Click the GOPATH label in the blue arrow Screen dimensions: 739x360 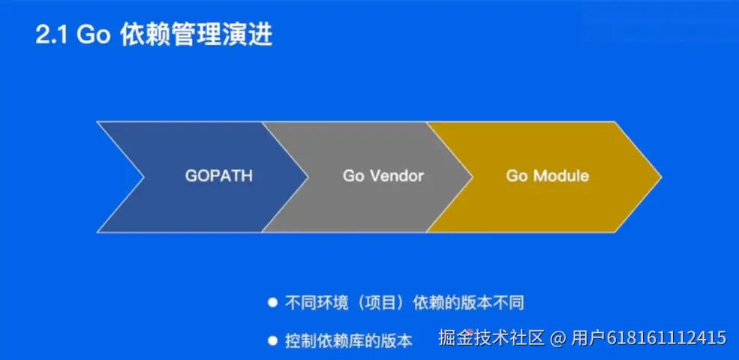tap(218, 175)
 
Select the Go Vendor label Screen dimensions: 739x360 tap(383, 175)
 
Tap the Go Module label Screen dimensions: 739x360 tap(548, 175)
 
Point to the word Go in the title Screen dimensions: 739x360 tap(94, 34)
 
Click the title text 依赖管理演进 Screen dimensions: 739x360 tap(197, 34)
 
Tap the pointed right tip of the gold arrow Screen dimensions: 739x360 tap(661, 177)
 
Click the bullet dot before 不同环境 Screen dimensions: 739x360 tap(272, 302)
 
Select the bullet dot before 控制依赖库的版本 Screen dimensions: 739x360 tap(272, 340)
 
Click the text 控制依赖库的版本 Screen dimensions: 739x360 tap(349, 340)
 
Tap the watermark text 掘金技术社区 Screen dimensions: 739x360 tap(491, 337)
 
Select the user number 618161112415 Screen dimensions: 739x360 tap(666, 337)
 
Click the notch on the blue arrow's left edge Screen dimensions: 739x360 tap(144, 177)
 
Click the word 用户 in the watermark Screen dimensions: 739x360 tap(588, 337)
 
